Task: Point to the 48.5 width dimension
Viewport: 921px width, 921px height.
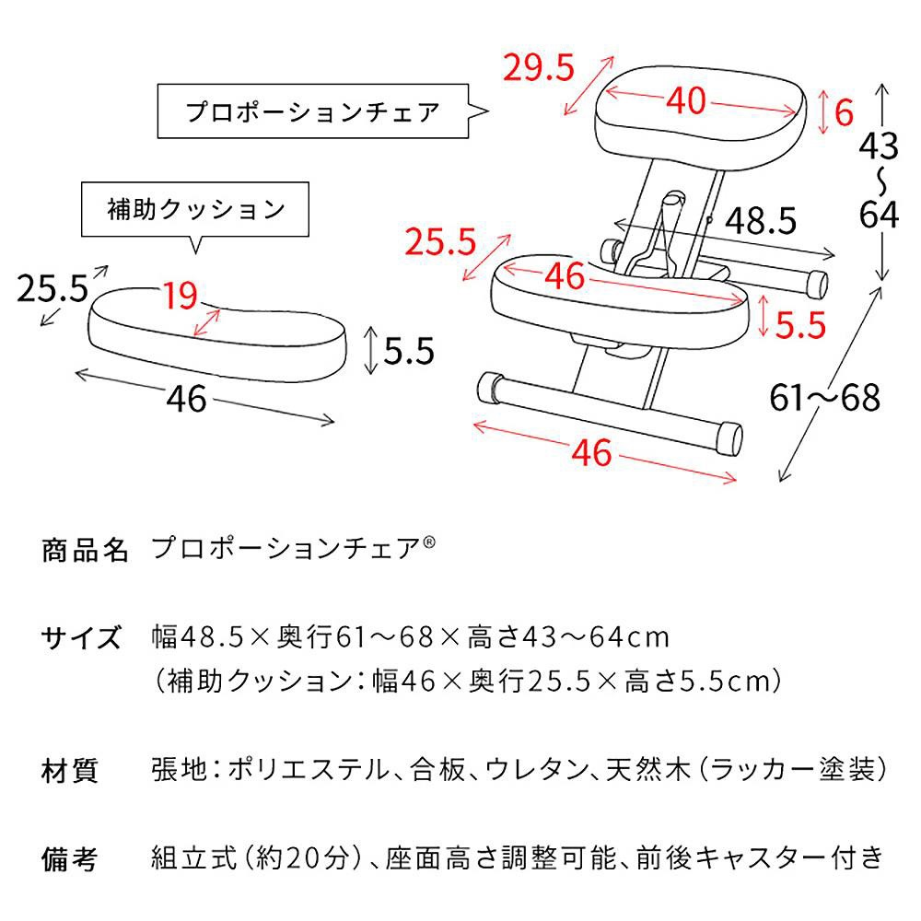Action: pos(760,220)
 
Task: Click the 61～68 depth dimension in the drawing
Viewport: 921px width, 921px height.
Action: pos(825,398)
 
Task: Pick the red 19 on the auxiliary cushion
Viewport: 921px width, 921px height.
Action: pos(181,296)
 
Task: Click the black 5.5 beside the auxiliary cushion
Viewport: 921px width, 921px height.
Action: pos(405,350)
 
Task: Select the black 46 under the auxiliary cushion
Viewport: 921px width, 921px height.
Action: pos(188,399)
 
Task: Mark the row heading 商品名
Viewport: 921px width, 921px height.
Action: pos(85,551)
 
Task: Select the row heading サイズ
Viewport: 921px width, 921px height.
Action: pos(81,637)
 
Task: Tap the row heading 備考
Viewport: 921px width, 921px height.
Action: pos(70,858)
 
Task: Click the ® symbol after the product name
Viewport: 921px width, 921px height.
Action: pos(429,543)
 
